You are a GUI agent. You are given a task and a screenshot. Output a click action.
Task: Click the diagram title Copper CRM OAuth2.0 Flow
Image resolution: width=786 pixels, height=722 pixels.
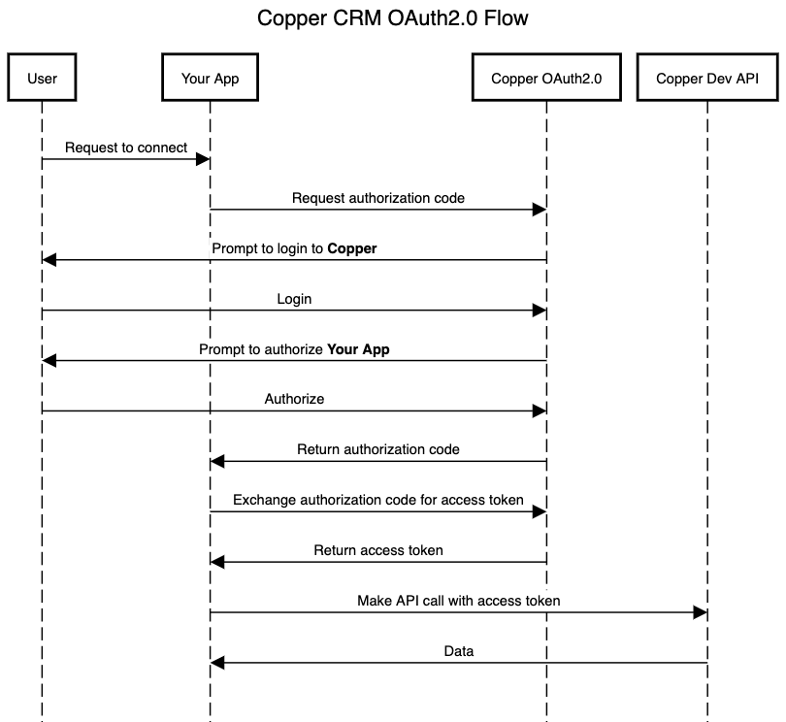(x=392, y=18)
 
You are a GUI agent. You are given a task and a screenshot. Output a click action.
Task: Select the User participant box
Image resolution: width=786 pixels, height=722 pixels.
(x=42, y=79)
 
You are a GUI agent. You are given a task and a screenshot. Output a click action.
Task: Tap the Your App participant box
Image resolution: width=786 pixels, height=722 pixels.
(x=210, y=79)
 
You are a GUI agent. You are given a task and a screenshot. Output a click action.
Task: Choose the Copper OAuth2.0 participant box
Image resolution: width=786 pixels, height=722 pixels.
(x=546, y=79)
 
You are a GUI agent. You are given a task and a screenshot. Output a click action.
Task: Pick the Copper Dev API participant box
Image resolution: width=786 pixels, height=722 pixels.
(x=707, y=79)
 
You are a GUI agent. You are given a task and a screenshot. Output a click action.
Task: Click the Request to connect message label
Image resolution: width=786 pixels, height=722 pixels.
(x=126, y=148)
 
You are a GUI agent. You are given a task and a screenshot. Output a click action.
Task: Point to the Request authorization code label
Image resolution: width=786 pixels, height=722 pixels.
(x=378, y=198)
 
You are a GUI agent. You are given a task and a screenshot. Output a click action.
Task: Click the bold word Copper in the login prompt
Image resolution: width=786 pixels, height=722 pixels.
(x=351, y=248)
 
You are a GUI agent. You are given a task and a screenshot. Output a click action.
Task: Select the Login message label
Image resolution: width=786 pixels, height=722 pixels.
(x=294, y=299)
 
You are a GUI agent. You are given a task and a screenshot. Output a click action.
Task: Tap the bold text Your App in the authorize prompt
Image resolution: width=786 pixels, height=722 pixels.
(x=358, y=349)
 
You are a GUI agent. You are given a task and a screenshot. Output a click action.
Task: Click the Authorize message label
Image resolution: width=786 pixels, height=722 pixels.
(x=294, y=399)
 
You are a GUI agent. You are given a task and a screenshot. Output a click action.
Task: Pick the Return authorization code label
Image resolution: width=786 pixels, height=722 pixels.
(x=378, y=449)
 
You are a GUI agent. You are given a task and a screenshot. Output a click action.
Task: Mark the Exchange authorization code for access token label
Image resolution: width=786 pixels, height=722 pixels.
(x=378, y=500)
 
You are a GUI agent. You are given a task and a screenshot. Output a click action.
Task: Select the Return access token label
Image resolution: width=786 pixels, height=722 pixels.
(x=378, y=550)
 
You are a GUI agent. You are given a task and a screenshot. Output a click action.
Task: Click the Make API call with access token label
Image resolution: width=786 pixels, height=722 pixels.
(x=458, y=601)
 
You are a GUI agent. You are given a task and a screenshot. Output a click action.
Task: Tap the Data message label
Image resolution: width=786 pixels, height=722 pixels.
(x=458, y=651)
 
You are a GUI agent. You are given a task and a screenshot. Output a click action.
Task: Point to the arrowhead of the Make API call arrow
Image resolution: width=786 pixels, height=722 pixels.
(x=700, y=612)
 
